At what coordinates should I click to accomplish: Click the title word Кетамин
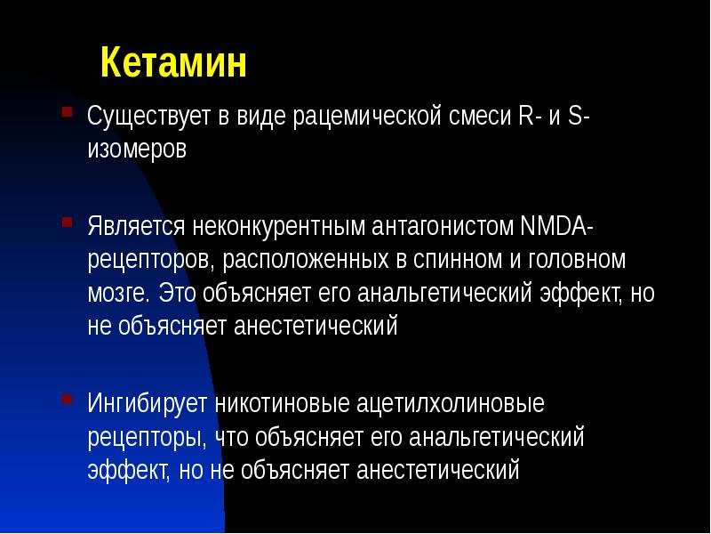tap(172, 64)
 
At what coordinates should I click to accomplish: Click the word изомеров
tap(137, 149)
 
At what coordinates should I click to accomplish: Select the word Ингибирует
tap(148, 404)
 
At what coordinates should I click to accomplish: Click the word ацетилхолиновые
tap(451, 404)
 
